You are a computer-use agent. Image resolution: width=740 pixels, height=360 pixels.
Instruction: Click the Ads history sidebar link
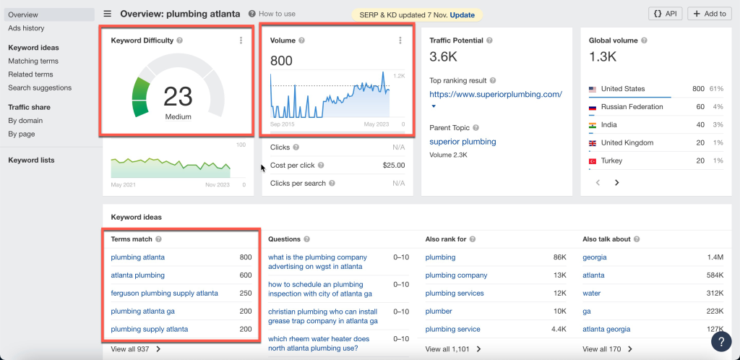[x=26, y=28]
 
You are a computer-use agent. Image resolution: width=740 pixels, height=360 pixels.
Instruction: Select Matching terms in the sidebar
[x=33, y=61]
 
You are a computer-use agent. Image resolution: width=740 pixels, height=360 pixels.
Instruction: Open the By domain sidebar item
[x=25, y=121]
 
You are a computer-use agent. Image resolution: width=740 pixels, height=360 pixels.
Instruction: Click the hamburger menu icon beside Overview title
[x=108, y=14]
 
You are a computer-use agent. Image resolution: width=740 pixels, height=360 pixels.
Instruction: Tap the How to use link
[x=275, y=14]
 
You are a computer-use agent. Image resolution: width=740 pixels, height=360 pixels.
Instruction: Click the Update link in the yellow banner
[x=462, y=14]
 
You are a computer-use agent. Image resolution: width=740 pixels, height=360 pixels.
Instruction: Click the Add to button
[x=709, y=14]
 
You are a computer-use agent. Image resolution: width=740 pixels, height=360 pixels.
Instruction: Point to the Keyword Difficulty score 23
[x=177, y=96]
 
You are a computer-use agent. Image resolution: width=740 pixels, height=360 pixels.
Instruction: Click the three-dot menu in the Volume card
[x=400, y=40]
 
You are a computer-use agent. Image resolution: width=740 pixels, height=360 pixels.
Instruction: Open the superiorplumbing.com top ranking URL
[x=495, y=95]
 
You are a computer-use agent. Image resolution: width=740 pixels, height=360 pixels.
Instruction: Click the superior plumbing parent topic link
[x=462, y=142]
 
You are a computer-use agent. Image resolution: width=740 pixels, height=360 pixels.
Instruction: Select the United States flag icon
[x=593, y=89]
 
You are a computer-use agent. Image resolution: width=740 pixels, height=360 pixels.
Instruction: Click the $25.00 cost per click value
[x=393, y=166]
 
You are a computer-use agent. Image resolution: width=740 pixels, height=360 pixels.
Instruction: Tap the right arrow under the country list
[x=616, y=183]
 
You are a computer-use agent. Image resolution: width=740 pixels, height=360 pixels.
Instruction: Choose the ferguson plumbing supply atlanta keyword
[x=164, y=293]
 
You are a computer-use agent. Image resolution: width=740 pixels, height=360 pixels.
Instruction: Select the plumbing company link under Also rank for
[x=456, y=275]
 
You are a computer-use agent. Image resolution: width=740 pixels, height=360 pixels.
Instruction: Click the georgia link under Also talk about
[x=595, y=257]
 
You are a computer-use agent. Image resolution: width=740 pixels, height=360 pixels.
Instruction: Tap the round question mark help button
[x=720, y=341]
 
